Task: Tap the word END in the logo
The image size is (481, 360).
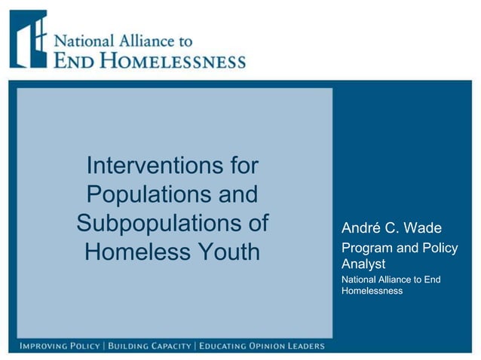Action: point(75,60)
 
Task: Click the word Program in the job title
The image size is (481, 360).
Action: point(367,248)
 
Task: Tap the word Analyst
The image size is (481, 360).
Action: point(363,264)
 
